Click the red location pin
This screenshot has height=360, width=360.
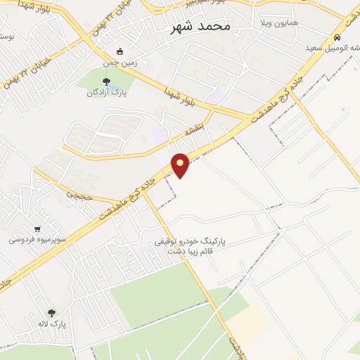pos(181,165)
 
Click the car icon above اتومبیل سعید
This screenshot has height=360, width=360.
pos(337,37)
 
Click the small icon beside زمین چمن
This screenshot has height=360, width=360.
pos(120,51)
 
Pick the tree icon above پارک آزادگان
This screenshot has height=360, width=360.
pos(106,82)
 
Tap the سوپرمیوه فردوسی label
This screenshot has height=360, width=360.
pos(37,239)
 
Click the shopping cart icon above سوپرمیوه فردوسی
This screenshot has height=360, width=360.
pos(37,229)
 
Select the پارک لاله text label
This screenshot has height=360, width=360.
pos(52,324)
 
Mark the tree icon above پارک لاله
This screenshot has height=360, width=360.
pos(51,313)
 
